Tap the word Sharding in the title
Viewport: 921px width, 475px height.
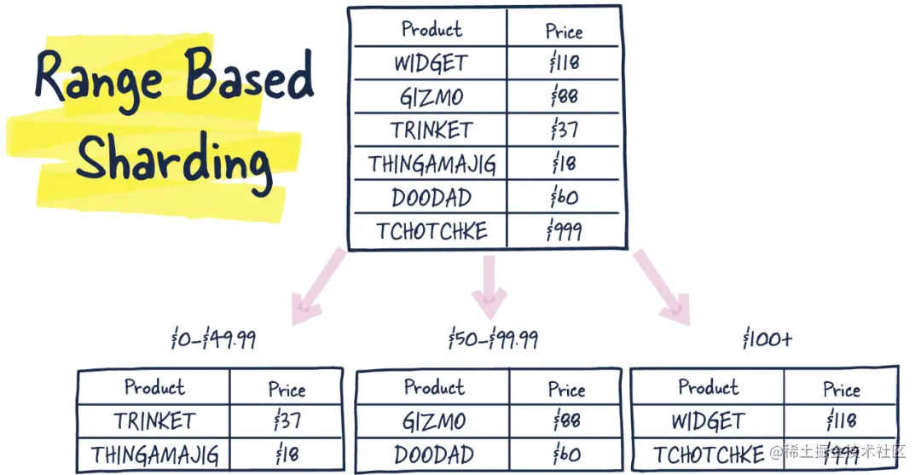(175, 159)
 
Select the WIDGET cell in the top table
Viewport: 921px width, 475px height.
(431, 63)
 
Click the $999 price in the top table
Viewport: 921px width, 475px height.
(564, 231)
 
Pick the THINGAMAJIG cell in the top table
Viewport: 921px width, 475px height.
(432, 164)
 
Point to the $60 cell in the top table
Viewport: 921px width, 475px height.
(564, 198)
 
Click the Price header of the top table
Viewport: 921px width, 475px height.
(564, 32)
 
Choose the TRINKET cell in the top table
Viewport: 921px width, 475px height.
(432, 130)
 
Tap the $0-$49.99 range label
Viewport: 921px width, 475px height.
(213, 340)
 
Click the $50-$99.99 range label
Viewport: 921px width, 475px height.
(493, 340)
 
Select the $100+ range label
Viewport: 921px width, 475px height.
(767, 339)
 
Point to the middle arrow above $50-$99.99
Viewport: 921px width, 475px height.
(489, 286)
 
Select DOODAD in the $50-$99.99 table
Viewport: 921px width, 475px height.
(433, 454)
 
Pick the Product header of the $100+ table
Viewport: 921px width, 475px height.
(708, 387)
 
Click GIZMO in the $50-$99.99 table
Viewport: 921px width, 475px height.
(433, 421)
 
